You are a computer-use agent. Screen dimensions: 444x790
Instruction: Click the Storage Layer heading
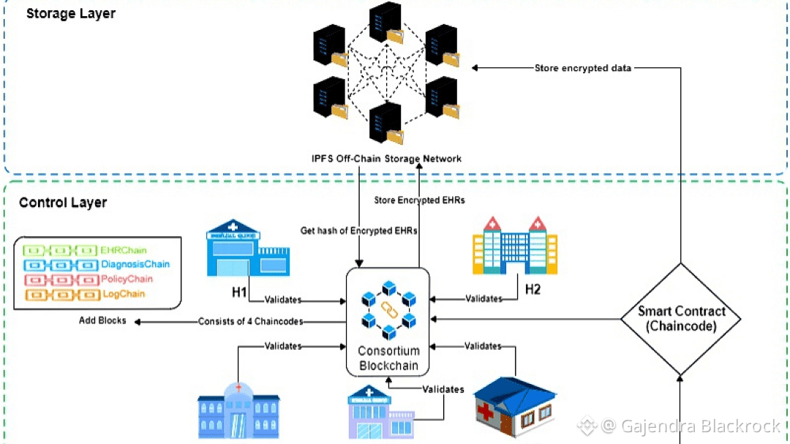tap(70, 13)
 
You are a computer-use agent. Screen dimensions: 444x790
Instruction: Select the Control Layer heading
tap(63, 203)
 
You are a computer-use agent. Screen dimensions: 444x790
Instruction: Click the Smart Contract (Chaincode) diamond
tap(680, 318)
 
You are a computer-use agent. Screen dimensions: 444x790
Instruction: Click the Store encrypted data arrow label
tap(583, 68)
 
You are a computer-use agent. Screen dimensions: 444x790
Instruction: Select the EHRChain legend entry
tap(124, 251)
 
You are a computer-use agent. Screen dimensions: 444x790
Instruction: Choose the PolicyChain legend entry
tap(128, 279)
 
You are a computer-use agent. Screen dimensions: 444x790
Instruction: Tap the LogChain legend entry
tap(123, 294)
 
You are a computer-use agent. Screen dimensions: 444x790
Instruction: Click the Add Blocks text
tap(102, 321)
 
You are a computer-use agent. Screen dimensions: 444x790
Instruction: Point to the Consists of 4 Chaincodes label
tap(250, 322)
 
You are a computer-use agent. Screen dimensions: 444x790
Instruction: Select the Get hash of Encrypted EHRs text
tap(359, 231)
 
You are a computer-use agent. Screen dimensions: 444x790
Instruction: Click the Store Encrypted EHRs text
tap(419, 200)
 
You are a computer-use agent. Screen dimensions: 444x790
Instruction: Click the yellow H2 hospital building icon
tap(515, 244)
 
